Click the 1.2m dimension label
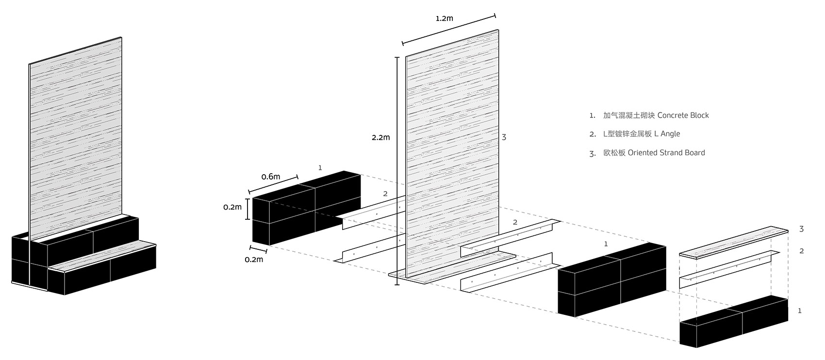pos(444,18)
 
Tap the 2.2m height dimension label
pos(381,137)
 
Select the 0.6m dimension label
pos(271,177)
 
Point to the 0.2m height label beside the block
pos(232,207)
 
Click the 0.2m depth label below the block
pos(254,260)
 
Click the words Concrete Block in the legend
pos(683,115)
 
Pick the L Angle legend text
pos(667,133)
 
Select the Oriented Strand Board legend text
pos(666,153)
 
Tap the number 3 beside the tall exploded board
pos(504,137)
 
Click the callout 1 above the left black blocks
pos(320,168)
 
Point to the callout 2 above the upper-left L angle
pos(385,194)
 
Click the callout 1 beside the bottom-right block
pos(800,311)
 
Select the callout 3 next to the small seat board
pos(801,229)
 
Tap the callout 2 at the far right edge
pos(801,251)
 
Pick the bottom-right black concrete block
pos(734,321)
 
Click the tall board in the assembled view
pos(76,138)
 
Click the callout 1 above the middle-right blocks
pos(606,244)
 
